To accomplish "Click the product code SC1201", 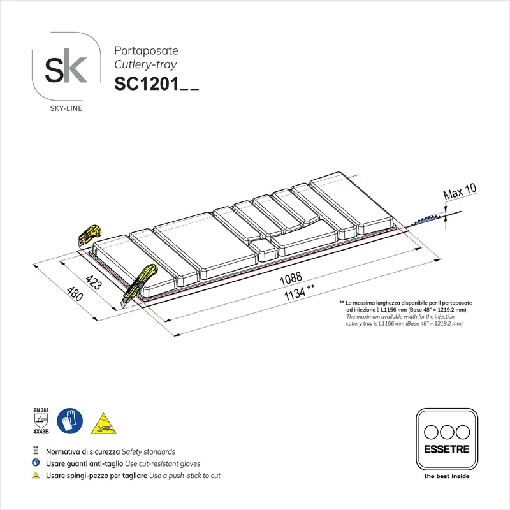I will click(146, 84).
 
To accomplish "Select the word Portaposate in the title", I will click(145, 50).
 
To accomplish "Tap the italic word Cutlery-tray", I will click(145, 64).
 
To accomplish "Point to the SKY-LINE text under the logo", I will click(66, 108).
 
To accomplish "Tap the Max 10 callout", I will click(460, 190).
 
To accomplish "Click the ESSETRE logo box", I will click(446, 440).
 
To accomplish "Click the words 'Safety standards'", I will click(148, 451).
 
